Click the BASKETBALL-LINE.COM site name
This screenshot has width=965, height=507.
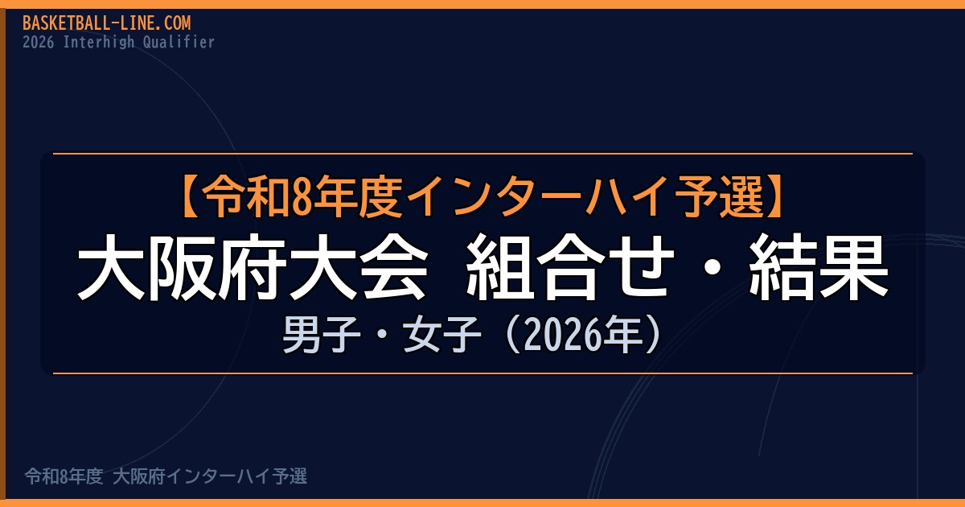[106, 23]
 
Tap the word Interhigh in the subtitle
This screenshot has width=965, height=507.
[99, 42]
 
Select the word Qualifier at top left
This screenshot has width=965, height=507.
[179, 42]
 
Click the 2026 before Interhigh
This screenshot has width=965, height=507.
[39, 42]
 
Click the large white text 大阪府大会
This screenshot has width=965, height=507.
[252, 267]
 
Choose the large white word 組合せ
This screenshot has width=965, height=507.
[570, 267]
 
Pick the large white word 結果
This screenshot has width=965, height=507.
[819, 267]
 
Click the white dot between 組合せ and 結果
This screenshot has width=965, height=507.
[712, 267]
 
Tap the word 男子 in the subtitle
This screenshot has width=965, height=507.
[322, 335]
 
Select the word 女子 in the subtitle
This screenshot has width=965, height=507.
[442, 335]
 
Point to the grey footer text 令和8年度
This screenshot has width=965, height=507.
[64, 476]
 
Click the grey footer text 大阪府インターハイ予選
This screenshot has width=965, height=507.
[210, 476]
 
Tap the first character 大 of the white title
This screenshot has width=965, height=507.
[111, 267]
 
